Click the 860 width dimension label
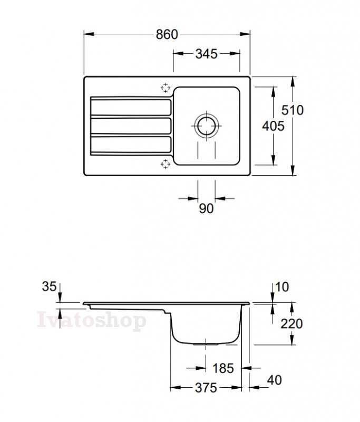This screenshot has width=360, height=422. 167,34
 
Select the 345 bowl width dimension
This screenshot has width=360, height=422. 206,54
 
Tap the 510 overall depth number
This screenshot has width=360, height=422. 293,110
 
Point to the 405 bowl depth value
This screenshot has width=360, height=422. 273,126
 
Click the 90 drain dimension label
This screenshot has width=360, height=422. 206,208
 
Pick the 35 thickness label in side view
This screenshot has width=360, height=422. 49,286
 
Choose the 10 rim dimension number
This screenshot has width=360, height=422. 282,287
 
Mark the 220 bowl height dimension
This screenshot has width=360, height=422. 291,323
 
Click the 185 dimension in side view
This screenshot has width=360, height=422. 223,368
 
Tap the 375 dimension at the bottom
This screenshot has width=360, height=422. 206,388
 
